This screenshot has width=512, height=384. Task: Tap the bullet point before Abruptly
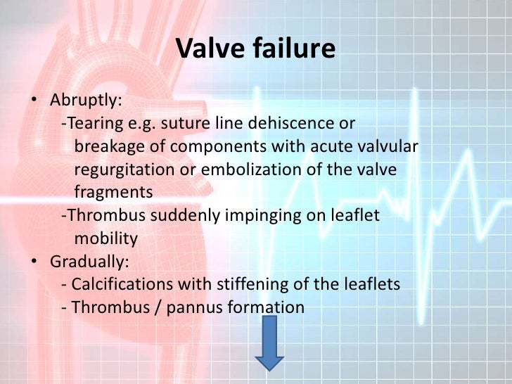34,100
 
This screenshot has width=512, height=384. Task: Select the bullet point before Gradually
34,262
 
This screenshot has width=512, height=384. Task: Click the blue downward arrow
269,343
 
